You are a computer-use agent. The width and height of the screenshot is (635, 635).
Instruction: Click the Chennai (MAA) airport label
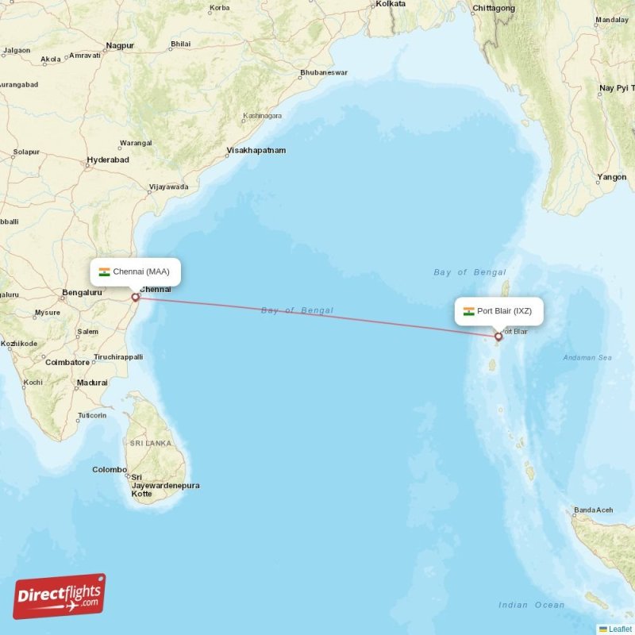click(135, 272)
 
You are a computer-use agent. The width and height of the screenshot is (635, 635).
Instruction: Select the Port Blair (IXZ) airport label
click(499, 311)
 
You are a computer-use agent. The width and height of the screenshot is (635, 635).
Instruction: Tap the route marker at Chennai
click(135, 298)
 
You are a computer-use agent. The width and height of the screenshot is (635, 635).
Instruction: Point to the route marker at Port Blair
click(498, 337)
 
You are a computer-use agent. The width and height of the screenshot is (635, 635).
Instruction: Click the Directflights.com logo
click(60, 596)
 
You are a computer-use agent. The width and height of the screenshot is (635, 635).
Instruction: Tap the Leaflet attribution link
click(620, 629)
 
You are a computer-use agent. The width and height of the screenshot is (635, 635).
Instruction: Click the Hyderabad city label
click(108, 160)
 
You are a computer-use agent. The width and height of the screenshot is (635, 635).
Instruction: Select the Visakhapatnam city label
click(256, 150)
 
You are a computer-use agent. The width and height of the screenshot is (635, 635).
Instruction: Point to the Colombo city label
click(109, 470)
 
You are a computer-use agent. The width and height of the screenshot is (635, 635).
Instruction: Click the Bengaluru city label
click(83, 293)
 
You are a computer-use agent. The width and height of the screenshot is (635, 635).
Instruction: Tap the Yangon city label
click(612, 178)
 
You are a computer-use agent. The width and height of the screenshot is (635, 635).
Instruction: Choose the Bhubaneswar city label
click(323, 73)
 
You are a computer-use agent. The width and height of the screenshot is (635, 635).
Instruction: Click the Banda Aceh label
click(594, 510)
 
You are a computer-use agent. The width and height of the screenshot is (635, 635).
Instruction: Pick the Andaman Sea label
click(587, 358)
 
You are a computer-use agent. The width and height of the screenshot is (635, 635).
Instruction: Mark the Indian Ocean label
click(531, 606)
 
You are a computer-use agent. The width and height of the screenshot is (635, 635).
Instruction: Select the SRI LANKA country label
click(151, 444)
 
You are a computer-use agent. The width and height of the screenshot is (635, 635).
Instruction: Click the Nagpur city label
click(120, 46)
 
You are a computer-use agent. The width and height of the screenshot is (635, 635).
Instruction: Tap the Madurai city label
click(92, 383)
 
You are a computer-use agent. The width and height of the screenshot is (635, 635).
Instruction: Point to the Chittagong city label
click(493, 9)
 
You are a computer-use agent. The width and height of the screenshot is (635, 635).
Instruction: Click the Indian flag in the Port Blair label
click(469, 311)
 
